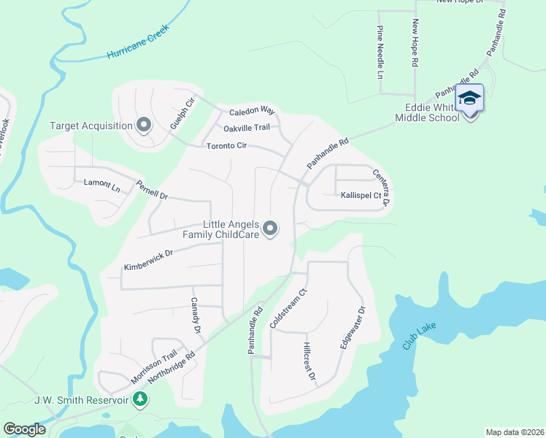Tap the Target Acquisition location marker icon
click(143, 126)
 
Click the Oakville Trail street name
click(247, 128)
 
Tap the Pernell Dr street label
click(152, 187)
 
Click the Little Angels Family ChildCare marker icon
click(271, 229)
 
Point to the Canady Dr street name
click(196, 315)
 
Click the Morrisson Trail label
click(154, 366)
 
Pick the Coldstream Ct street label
click(281, 308)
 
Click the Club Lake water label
click(419, 334)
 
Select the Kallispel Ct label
click(361, 196)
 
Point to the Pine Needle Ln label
click(380, 52)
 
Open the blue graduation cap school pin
click(469, 99)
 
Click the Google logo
click(25, 429)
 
